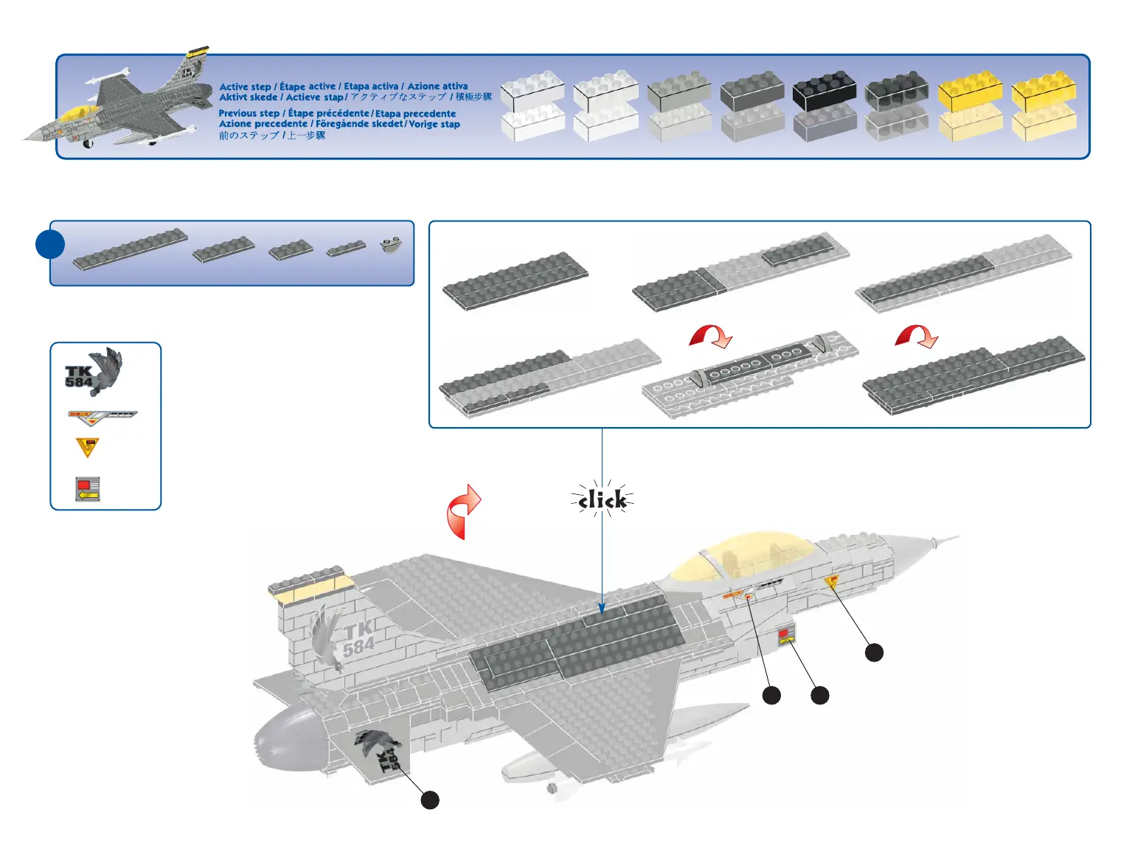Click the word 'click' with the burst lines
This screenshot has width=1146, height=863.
pos(602,501)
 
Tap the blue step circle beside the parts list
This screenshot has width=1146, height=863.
pos(50,244)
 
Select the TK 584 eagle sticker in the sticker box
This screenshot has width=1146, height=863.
pos(94,371)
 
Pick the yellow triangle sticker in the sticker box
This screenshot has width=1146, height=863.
pos(87,447)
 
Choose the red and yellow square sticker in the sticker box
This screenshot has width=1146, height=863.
pos(87,488)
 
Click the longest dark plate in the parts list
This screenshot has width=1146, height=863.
pos(131,249)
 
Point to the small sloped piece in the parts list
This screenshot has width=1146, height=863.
pos(391,245)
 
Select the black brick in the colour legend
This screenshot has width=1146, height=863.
pos(824,92)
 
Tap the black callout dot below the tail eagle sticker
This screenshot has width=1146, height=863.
pos(430,800)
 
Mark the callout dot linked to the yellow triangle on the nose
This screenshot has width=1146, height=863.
pos(874,652)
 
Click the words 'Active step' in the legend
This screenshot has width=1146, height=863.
pos(245,86)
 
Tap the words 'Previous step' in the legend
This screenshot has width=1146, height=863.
pos(249,114)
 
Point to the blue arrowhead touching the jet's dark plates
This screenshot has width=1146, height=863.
pos(602,609)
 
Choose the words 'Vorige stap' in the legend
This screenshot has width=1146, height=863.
pos(434,124)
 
